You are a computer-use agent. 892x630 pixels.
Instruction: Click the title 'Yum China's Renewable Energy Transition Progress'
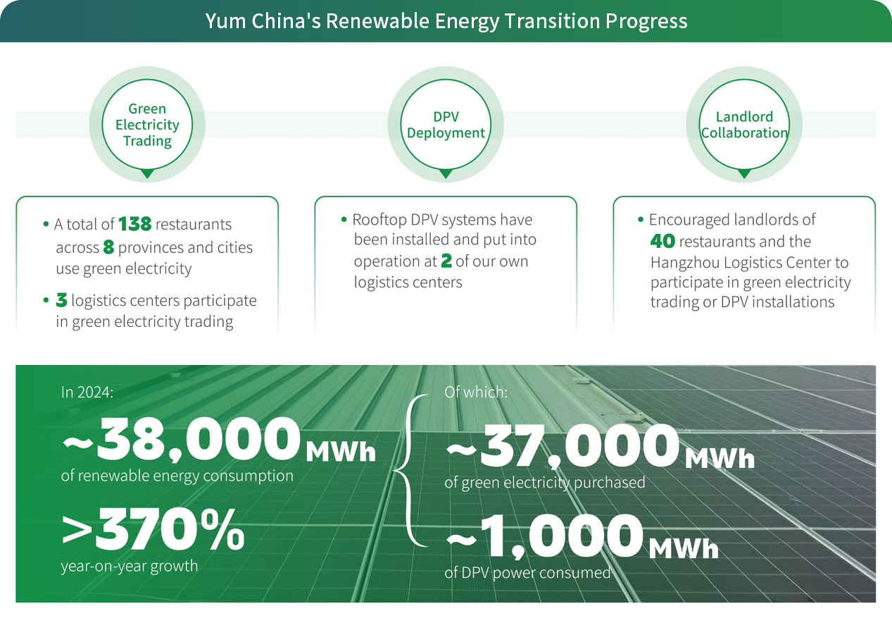tap(446, 20)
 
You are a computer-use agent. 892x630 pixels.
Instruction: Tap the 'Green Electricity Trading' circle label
tap(147, 125)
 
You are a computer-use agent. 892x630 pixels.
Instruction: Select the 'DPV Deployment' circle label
tap(446, 125)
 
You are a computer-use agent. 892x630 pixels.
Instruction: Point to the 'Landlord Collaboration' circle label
tap(744, 125)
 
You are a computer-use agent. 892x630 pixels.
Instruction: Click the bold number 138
tap(135, 224)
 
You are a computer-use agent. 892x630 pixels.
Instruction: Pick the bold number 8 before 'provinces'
tap(108, 247)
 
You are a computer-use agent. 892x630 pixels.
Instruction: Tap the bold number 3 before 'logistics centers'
tap(61, 300)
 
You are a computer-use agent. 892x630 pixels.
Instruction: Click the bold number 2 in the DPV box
tap(446, 261)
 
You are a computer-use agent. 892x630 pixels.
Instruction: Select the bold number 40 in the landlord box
tap(662, 241)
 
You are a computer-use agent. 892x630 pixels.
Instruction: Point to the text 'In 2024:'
tap(87, 393)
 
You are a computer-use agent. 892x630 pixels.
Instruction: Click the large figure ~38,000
tap(181, 440)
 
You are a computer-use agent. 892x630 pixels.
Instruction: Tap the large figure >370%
tap(153, 530)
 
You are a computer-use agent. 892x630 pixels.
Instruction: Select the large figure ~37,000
tap(563, 446)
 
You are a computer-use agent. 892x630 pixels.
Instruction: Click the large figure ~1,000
tap(545, 536)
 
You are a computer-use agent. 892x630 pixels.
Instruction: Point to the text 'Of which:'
tap(476, 393)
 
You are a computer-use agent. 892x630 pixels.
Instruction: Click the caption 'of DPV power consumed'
tap(527, 573)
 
